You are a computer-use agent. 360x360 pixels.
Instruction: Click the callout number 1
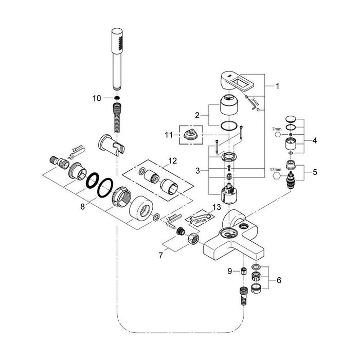tap(277, 86)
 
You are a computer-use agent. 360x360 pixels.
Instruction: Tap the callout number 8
tap(82, 207)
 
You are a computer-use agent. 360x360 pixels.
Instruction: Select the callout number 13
tap(217, 207)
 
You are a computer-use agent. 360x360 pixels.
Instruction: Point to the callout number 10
tap(97, 98)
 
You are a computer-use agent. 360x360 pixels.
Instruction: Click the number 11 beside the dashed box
tap(169, 135)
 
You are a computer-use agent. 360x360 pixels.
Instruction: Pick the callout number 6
tap(279, 280)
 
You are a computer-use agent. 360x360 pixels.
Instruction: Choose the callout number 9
tap(230, 271)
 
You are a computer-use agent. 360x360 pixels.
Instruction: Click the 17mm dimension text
tap(276, 170)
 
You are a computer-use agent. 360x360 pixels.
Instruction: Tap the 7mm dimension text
tap(277, 129)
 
